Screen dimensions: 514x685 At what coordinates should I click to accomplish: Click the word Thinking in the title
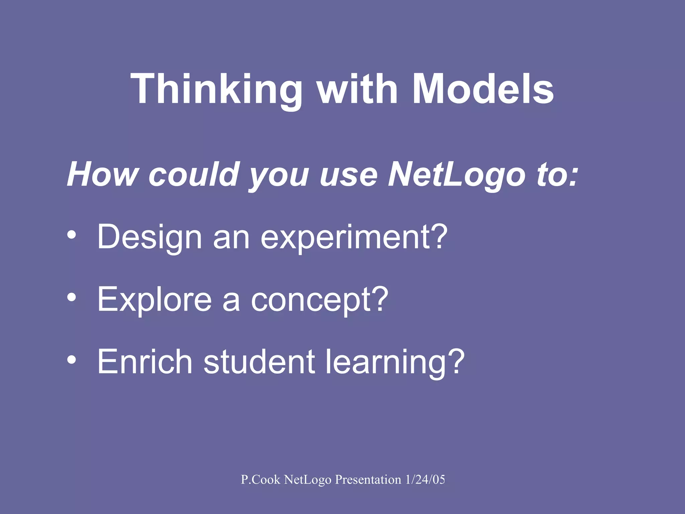click(216, 89)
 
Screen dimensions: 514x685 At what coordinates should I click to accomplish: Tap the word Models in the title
click(483, 89)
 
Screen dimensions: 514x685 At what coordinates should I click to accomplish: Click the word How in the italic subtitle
click(102, 174)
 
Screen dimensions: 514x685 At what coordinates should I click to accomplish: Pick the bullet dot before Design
click(72, 235)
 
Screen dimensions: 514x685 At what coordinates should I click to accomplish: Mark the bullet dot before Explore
click(72, 297)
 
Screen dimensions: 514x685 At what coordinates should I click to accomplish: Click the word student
click(259, 361)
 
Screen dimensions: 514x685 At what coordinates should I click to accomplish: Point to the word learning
click(395, 361)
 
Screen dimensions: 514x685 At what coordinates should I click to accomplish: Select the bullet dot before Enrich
click(72, 360)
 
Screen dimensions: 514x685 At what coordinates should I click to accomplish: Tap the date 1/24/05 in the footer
click(425, 480)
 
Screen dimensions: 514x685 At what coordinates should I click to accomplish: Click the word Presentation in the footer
click(368, 480)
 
